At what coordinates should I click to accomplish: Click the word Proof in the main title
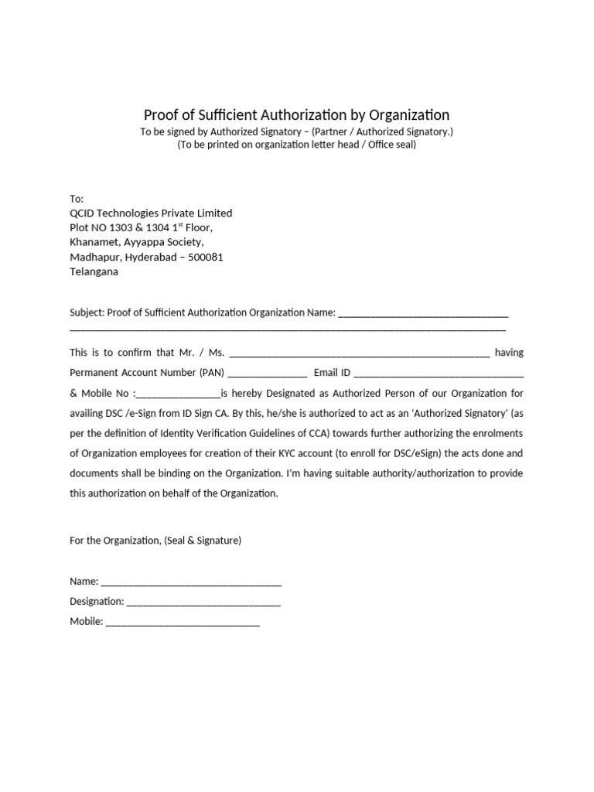[161, 115]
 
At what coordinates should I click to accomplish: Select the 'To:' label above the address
[77, 199]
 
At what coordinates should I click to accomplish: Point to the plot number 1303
[128, 227]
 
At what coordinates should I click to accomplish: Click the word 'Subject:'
[87, 312]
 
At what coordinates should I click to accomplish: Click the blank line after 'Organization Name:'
[423, 314]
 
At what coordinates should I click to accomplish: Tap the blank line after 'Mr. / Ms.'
[360, 354]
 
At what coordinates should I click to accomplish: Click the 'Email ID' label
[333, 372]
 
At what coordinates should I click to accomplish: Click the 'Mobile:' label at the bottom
[86, 621]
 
